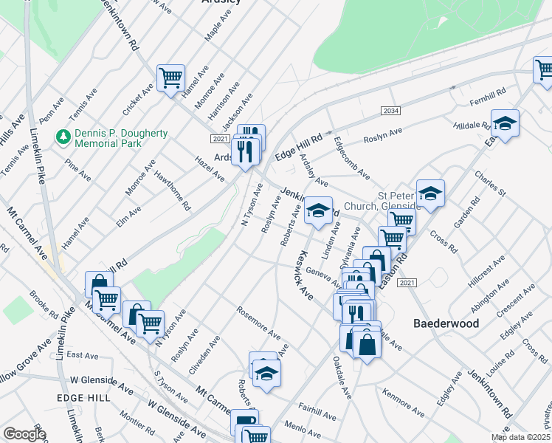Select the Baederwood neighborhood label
[446, 323]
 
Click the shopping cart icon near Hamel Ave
[170, 76]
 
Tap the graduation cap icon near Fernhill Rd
[506, 123]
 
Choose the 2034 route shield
[391, 111]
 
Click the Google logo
[24, 433]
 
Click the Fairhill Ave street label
[318, 405]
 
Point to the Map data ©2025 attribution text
[520, 437]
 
